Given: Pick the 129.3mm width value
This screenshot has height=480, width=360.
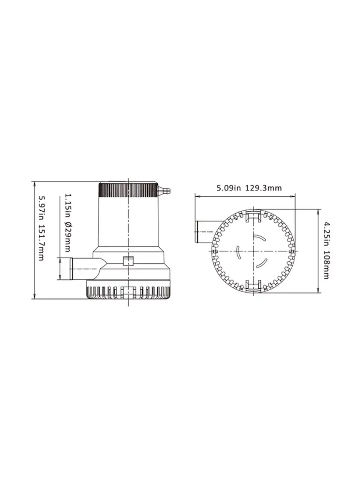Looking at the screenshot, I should (x=264, y=188).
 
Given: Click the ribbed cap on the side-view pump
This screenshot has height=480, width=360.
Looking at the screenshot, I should (x=128, y=190).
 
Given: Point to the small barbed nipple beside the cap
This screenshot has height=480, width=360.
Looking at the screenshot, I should (x=164, y=189).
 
